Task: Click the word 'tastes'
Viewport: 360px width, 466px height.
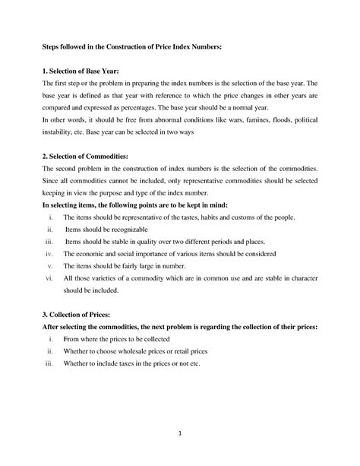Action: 196,216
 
